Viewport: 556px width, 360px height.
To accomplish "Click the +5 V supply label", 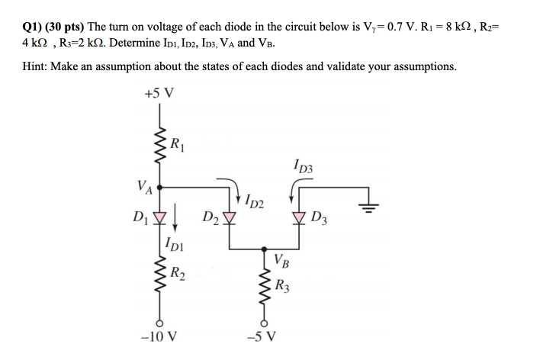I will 159,94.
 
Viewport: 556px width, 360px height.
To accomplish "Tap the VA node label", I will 144,185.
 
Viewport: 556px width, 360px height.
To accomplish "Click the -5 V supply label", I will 264,336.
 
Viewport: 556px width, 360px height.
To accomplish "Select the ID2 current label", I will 255,202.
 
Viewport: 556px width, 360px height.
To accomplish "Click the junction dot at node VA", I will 159,185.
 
